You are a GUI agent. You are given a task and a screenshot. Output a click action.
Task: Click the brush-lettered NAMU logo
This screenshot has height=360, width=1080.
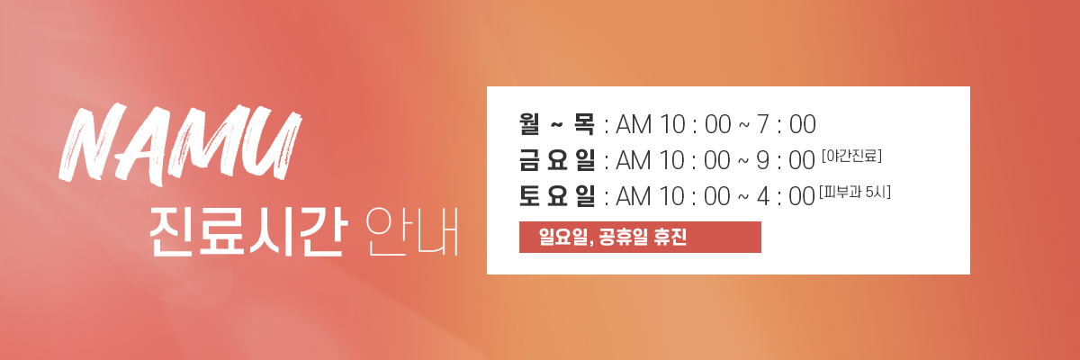(x=180, y=145)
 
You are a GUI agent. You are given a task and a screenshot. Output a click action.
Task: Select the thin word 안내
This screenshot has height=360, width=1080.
(x=412, y=232)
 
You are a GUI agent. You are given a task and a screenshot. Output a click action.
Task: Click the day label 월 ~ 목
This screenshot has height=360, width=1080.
(x=557, y=124)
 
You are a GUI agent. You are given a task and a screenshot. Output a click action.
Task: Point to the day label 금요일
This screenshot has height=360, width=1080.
(x=557, y=160)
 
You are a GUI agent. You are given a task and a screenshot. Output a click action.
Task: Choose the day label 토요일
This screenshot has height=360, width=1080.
(x=557, y=196)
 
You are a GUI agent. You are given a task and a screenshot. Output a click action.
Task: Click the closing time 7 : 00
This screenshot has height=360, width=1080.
(x=787, y=124)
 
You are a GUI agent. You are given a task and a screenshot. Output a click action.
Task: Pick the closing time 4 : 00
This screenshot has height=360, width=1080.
(x=786, y=196)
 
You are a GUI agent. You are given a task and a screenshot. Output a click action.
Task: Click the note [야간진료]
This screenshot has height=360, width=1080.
(x=851, y=156)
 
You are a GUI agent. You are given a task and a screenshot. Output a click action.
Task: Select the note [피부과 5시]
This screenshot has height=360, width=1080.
(x=854, y=193)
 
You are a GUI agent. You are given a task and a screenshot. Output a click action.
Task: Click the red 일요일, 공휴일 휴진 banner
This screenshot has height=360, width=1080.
(x=640, y=237)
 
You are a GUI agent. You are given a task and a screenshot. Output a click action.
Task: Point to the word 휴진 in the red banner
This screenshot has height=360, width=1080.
(x=670, y=237)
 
